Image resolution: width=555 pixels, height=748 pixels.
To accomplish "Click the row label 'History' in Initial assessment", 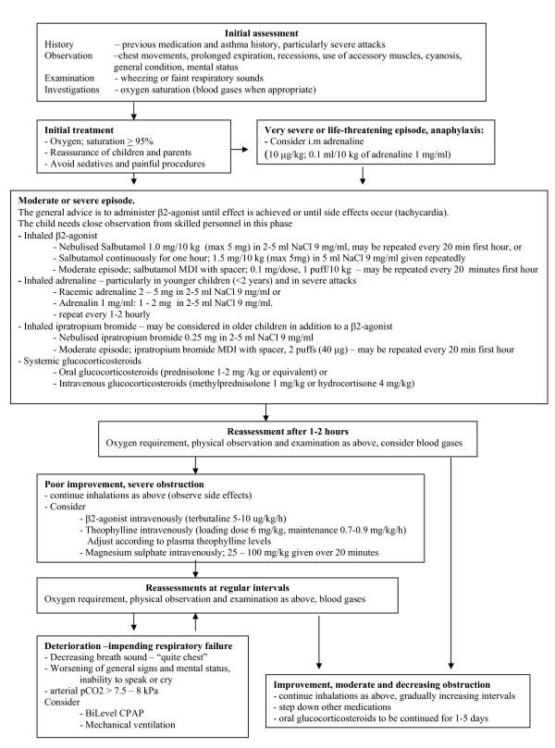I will pyautogui.click(x=60, y=44).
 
